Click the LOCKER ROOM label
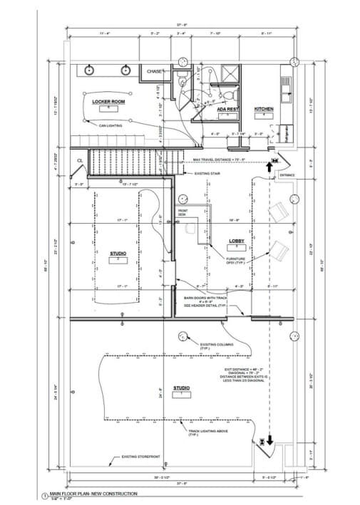[109, 102]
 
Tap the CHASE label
[155, 71]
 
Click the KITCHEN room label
[264, 109]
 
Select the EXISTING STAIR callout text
[207, 173]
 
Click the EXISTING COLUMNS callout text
[217, 345]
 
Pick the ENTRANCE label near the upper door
[287, 175]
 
